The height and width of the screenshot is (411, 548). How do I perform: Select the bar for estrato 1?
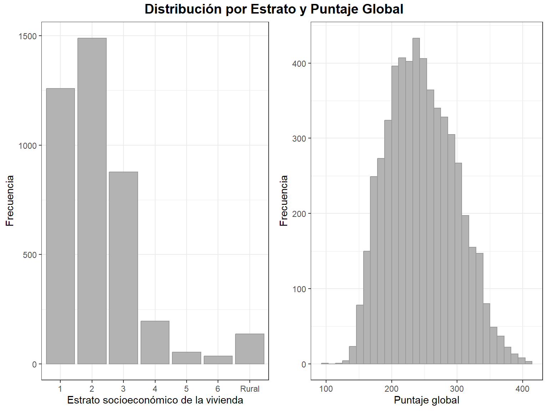click(x=60, y=226)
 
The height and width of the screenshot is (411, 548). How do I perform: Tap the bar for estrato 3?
click(x=123, y=268)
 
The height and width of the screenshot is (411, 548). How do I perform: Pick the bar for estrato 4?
click(x=155, y=342)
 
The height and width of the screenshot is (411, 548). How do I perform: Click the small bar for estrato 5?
click(x=186, y=358)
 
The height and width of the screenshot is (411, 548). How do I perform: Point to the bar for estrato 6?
click(x=218, y=360)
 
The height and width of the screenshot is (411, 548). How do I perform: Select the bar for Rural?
click(x=250, y=349)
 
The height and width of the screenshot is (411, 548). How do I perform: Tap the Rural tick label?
click(x=250, y=389)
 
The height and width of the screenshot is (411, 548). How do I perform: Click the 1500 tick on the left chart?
click(x=27, y=36)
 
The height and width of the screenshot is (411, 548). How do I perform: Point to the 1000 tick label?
click(x=27, y=146)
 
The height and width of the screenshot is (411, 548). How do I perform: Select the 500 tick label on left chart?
click(x=29, y=255)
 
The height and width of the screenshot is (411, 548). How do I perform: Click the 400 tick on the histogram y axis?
click(x=299, y=64)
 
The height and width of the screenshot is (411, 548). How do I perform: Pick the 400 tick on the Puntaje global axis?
click(x=522, y=389)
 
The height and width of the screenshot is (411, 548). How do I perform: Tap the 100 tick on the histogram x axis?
click(x=326, y=389)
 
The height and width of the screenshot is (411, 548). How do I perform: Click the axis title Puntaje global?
click(x=426, y=400)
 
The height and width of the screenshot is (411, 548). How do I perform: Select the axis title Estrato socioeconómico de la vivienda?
click(x=155, y=400)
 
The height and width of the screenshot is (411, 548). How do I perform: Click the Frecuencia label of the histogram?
click(x=284, y=201)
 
